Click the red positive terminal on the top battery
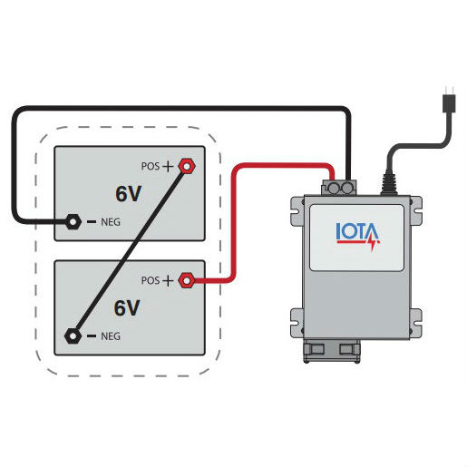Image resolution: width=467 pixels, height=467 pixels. point(188,166)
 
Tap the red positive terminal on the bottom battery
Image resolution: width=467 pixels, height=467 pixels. point(188,280)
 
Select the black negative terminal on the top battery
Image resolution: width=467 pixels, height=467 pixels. point(72,221)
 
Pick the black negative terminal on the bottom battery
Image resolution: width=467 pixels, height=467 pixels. point(72,336)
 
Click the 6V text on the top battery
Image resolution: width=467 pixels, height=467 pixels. point(127,194)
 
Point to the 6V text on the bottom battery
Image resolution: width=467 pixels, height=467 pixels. point(127,308)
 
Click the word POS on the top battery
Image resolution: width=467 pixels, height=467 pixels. point(151,167)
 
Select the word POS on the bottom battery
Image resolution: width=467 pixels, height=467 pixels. point(151,281)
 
